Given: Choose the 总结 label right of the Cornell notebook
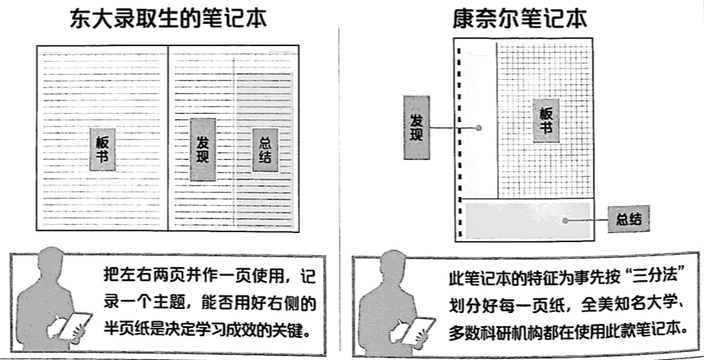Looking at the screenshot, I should pyautogui.click(x=629, y=220).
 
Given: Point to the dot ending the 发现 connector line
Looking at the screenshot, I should pyautogui.click(x=477, y=129).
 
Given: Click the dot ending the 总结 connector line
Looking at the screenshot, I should pyautogui.click(x=566, y=220).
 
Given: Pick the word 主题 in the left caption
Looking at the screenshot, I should pyautogui.click(x=183, y=303).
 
